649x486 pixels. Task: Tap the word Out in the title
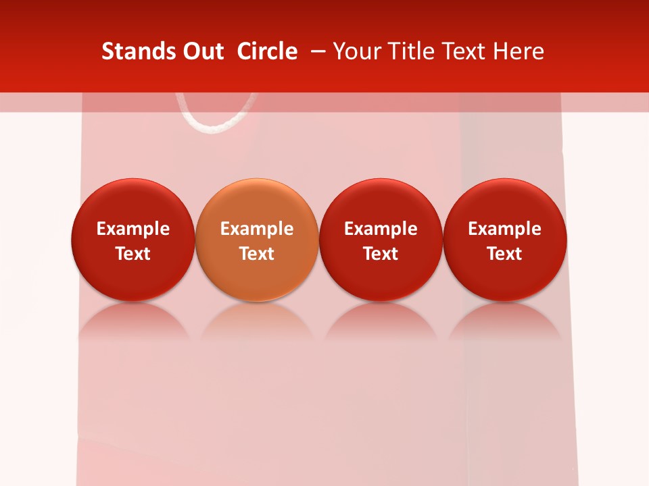click(201, 51)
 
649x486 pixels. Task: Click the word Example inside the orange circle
click(257, 229)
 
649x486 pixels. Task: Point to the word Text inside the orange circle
click(257, 254)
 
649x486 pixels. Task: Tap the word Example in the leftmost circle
click(133, 229)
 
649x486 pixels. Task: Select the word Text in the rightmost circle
click(505, 254)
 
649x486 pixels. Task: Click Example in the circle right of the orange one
click(381, 229)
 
